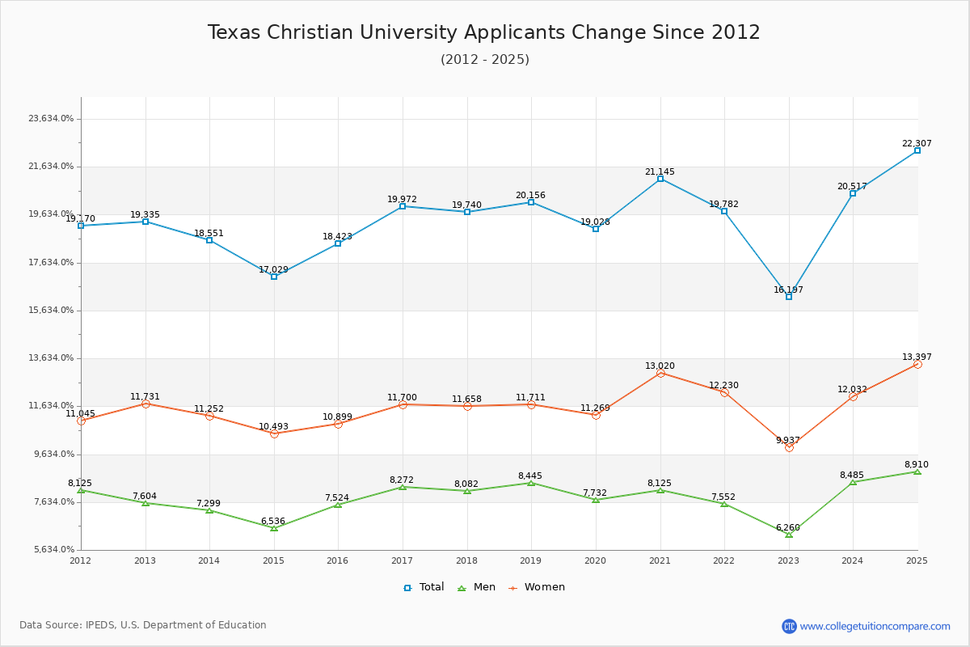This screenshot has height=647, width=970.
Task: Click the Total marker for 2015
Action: coord(274,277)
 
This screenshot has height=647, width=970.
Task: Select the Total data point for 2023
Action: coord(789,297)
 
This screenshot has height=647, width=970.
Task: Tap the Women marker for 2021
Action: coord(660,373)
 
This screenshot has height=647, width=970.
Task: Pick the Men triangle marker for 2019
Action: coord(531,483)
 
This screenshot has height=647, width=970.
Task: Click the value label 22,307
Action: coord(917,144)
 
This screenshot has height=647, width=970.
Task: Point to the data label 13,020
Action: coord(660,366)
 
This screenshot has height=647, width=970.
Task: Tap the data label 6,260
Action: coord(788,528)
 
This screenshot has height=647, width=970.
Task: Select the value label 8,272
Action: coord(402,480)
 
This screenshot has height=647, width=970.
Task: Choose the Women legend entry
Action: coord(537,587)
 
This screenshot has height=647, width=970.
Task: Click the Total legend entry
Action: coord(424,587)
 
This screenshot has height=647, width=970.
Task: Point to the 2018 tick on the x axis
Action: coord(466,560)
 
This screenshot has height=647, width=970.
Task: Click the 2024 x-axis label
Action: coord(853,560)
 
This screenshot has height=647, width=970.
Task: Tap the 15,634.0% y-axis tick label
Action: coord(51,311)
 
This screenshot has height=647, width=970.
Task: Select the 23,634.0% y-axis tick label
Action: coord(51,119)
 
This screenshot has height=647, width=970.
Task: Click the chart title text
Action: coord(483,32)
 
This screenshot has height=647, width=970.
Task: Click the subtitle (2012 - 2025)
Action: coord(484,60)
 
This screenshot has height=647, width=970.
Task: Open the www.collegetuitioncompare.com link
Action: coord(875,626)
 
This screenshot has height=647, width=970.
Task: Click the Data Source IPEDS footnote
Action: coord(143,625)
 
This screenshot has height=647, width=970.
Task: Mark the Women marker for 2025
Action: coord(917,364)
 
